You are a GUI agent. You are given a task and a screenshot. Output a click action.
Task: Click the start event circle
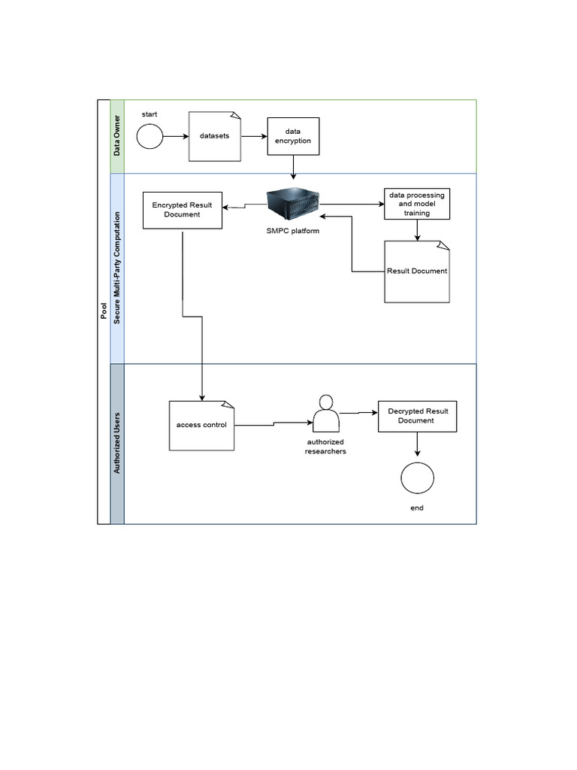pos(150,136)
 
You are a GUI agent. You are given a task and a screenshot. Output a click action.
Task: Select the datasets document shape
pos(215,136)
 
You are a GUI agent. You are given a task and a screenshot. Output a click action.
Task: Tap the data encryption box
pos(293,136)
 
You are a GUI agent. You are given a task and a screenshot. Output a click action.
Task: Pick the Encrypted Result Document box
pos(182,209)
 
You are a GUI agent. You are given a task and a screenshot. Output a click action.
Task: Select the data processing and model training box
pos(417,203)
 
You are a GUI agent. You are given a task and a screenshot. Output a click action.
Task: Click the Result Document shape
pos(417,271)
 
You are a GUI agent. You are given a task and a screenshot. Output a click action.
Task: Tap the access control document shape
pos(202,425)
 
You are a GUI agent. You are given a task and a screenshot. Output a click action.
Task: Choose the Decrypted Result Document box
pos(417,416)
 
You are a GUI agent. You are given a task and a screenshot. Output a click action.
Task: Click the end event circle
pos(417,477)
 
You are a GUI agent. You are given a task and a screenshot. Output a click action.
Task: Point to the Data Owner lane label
pos(117,136)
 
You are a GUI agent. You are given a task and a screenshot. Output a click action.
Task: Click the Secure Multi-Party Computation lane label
pos(117,268)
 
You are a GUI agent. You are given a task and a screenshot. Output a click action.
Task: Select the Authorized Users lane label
pos(117,444)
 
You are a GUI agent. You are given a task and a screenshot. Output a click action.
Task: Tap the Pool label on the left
pos(104,311)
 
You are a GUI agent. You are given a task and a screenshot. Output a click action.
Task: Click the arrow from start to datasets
pos(175,137)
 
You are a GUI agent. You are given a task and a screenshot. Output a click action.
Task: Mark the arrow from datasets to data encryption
pos(254,137)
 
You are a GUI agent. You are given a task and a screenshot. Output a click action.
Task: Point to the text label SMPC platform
pos(293,231)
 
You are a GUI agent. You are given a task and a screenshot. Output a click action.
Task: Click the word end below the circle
pos(417,508)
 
